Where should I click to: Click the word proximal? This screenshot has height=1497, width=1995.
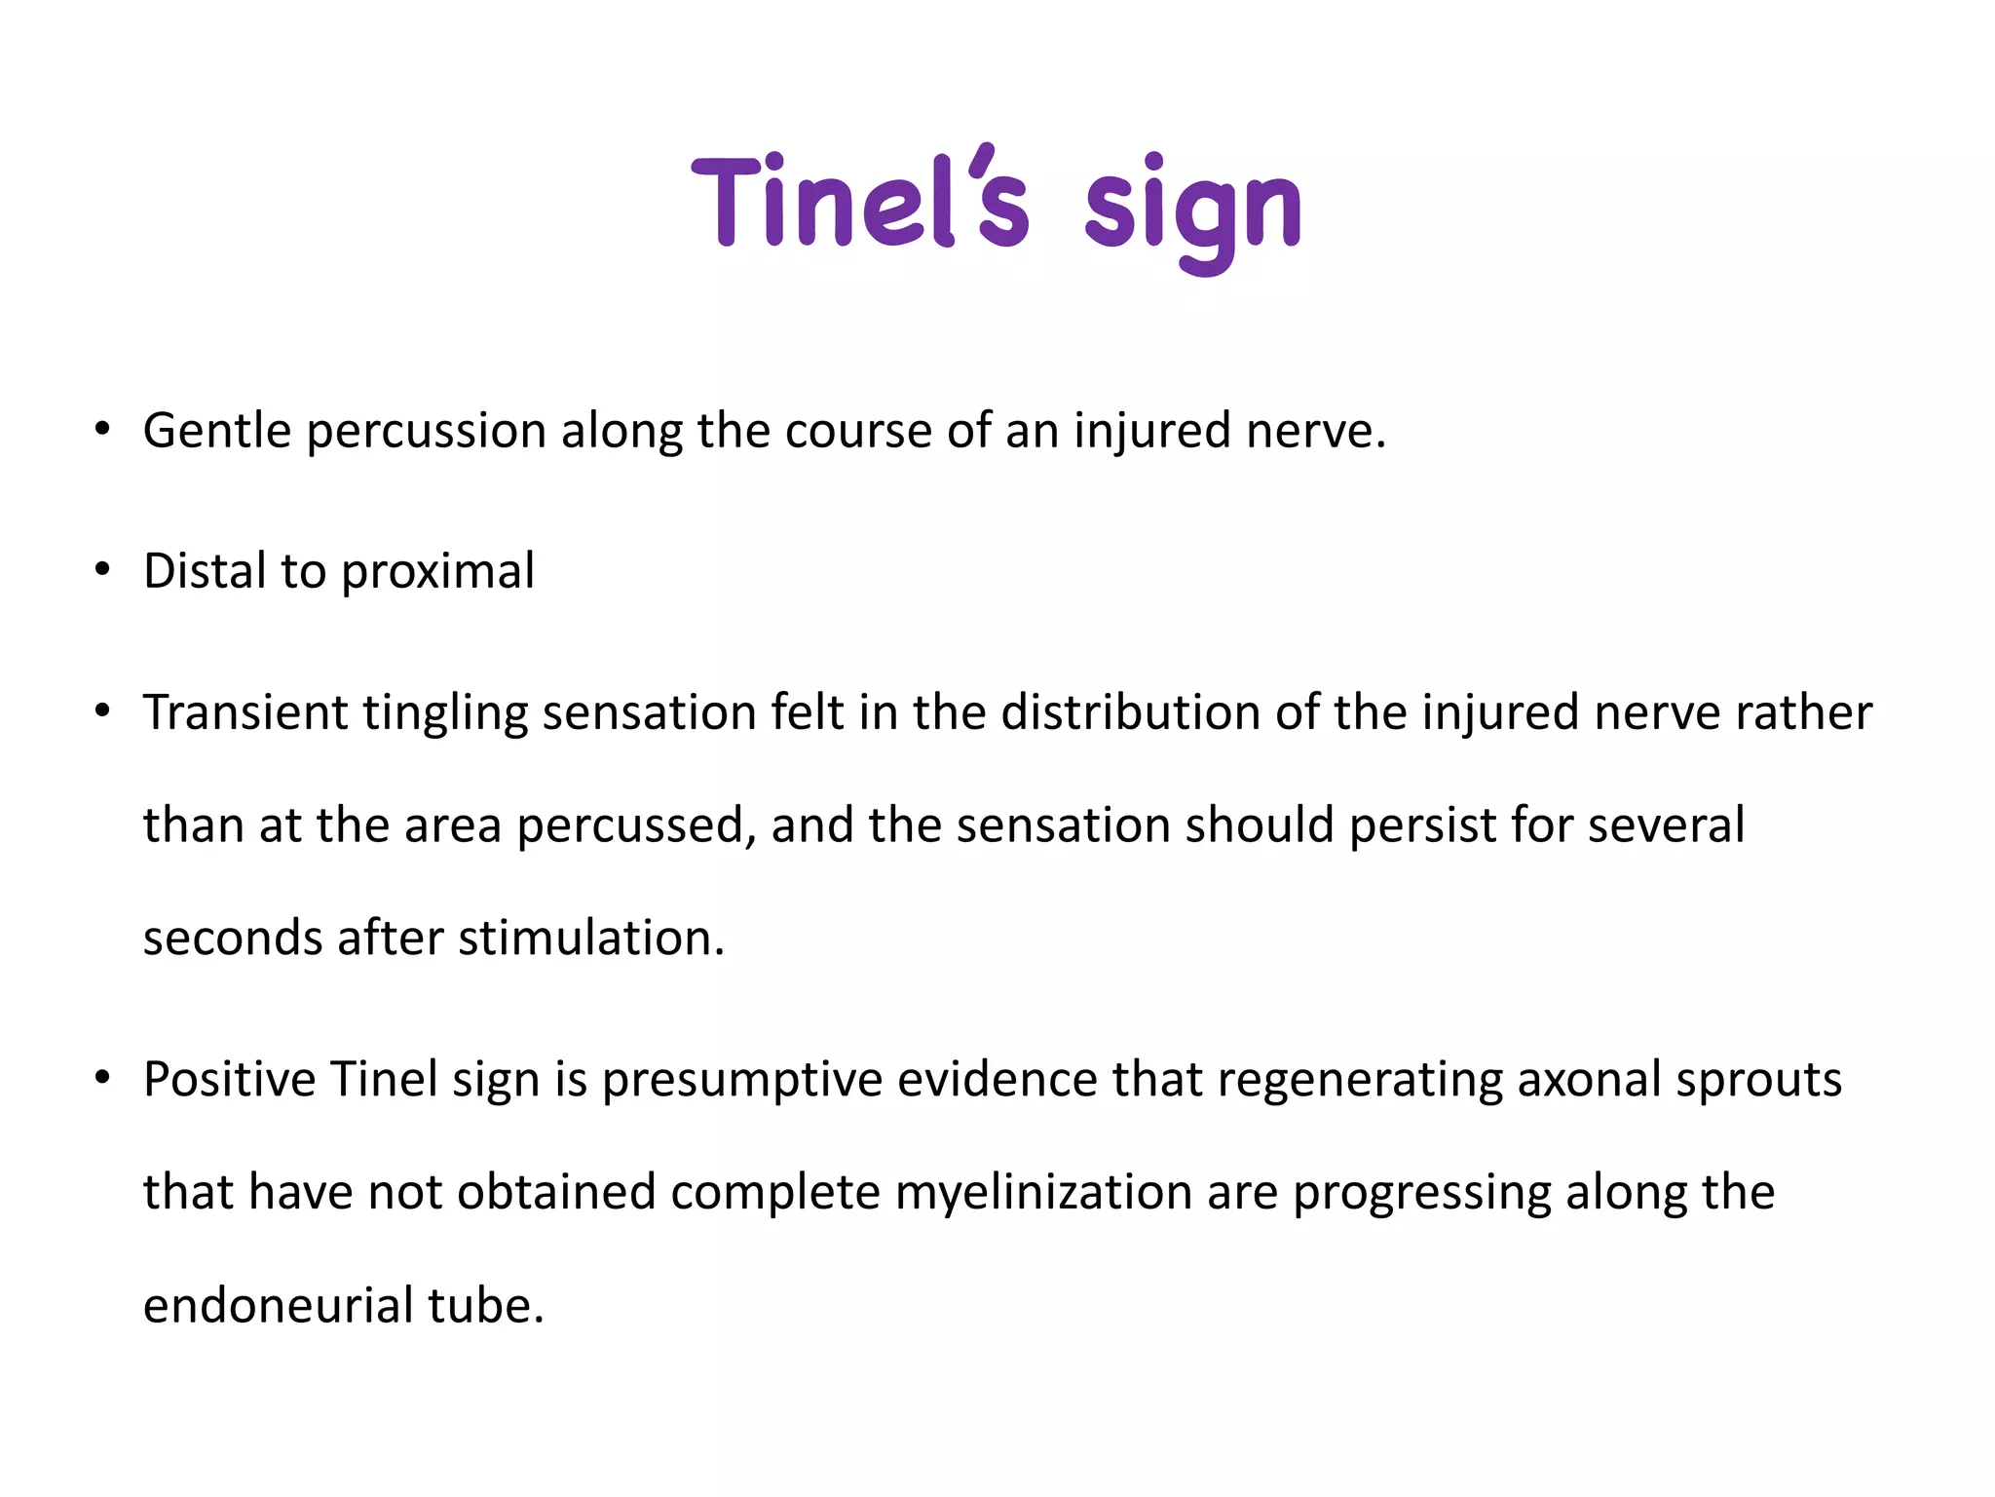tap(437, 572)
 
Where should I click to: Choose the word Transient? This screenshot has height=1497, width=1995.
tap(245, 711)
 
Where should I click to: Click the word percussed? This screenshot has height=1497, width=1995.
tap(636, 825)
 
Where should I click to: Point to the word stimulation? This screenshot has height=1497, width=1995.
tap(591, 938)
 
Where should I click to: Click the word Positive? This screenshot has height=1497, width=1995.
tap(229, 1079)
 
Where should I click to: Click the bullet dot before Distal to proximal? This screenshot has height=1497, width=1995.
tap(102, 570)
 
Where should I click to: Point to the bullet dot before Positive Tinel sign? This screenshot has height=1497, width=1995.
tap(102, 1079)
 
